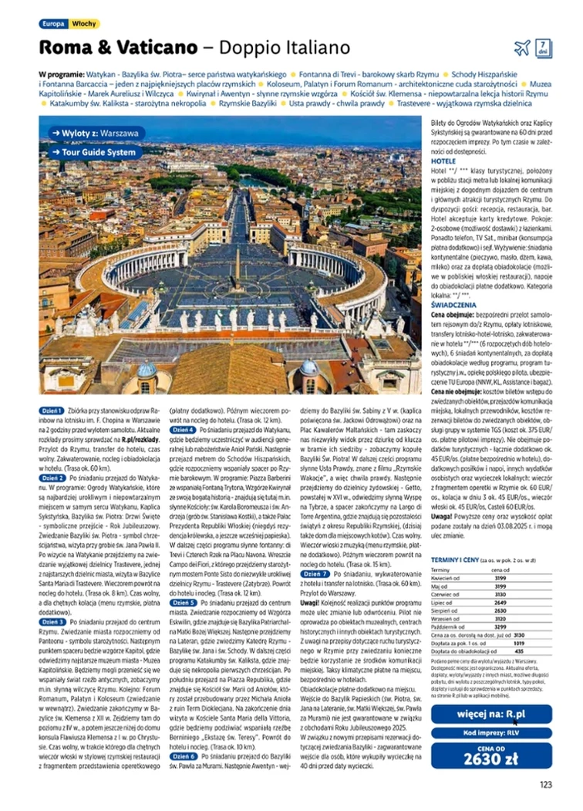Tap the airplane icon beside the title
(x=522, y=47)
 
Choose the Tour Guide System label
(x=95, y=152)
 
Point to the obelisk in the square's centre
(x=238, y=262)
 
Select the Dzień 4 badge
(x=183, y=429)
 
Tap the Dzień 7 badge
(x=316, y=574)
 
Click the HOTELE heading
(x=443, y=162)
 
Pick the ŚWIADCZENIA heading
(x=453, y=306)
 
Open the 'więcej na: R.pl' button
(x=491, y=715)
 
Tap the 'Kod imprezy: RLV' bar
(x=491, y=733)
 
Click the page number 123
(x=546, y=785)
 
